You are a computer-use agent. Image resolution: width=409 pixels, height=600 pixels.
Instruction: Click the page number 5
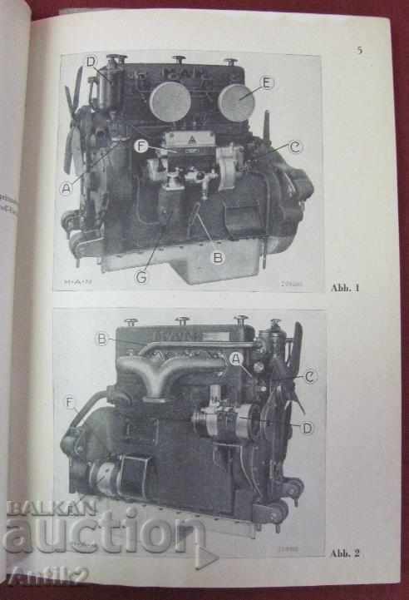coord(359,50)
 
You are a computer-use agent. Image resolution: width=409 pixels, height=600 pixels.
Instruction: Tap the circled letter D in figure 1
coord(91,60)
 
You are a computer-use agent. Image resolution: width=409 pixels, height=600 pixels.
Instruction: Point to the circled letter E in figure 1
coord(266,82)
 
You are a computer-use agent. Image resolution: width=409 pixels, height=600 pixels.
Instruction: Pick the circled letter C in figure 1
coord(295,146)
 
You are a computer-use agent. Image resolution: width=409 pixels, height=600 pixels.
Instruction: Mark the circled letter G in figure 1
coord(142,277)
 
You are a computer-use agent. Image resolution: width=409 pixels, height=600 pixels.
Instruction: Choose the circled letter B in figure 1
coord(218,257)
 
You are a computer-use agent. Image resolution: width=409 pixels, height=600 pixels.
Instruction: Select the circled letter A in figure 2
coord(237,358)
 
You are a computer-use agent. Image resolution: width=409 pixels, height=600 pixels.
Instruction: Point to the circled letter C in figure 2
coord(309,377)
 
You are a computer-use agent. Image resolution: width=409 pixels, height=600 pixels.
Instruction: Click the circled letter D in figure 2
coord(307,428)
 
